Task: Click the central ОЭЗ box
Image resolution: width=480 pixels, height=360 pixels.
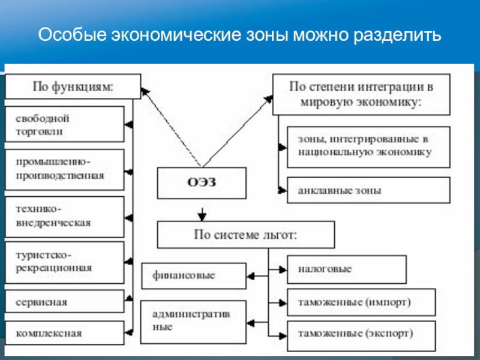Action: tap(202, 183)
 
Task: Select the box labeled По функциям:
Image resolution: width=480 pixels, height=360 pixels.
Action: tap(73, 86)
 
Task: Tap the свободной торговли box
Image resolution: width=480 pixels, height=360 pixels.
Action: tap(65, 124)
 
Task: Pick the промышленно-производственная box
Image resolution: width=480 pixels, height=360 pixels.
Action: tap(65, 170)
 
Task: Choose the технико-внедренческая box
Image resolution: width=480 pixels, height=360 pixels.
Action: tap(65, 217)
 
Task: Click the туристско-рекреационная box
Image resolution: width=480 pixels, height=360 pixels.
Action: tap(65, 262)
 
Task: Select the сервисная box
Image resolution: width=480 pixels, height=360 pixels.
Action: tap(65, 302)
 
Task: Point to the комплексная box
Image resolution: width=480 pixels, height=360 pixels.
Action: tap(65, 333)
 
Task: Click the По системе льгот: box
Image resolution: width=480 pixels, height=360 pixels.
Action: tap(246, 235)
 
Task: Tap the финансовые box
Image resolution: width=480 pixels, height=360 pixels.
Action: tap(194, 276)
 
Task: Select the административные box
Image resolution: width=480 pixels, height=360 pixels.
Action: tap(193, 322)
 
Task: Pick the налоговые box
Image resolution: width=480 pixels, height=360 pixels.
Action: tap(347, 269)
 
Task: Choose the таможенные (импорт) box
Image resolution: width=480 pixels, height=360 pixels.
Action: tap(361, 302)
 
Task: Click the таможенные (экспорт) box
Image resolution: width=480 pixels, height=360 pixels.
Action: tap(361, 336)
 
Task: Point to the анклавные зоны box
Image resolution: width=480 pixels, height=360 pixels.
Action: tap(368, 190)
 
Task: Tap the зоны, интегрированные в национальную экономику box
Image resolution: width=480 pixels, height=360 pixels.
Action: tap(368, 147)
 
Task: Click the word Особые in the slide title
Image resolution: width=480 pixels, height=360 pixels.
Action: tap(73, 35)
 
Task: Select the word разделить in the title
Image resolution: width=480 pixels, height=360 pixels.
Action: tap(397, 35)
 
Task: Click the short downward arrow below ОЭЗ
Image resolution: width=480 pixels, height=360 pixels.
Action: tap(202, 214)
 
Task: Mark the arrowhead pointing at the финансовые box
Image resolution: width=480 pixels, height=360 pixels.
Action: tap(251, 276)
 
